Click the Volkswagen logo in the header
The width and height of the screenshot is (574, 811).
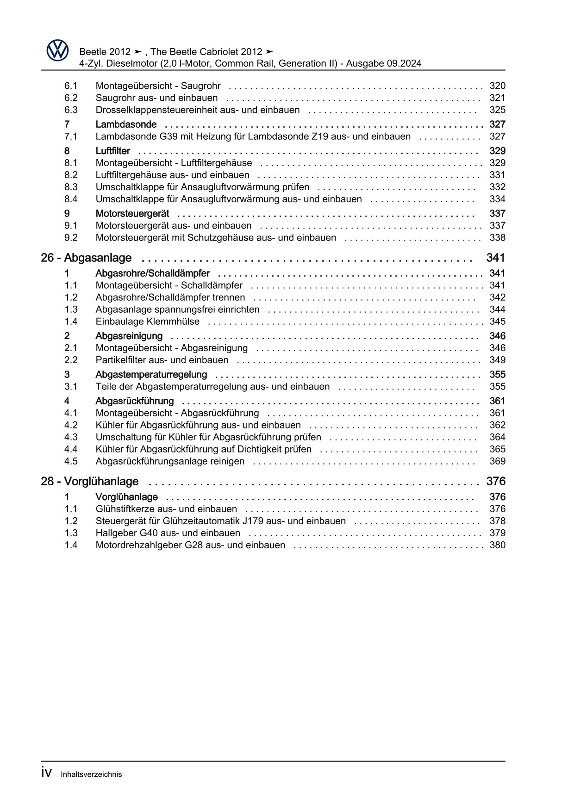tap(57, 50)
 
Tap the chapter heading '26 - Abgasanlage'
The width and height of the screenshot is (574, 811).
tap(86, 258)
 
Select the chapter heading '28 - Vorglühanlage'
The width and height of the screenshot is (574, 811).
tap(89, 482)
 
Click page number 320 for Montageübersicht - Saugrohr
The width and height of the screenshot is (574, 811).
tap(497, 86)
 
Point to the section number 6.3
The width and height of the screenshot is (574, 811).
tap(71, 110)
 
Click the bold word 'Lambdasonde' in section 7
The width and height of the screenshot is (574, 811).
tap(126, 124)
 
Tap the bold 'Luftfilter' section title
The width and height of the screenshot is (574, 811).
tap(112, 151)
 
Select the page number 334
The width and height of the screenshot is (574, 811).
tap(497, 199)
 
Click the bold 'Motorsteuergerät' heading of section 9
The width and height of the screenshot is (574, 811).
tap(132, 214)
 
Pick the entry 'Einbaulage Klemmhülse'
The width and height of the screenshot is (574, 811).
tap(147, 322)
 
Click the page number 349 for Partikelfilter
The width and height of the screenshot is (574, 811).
tap(497, 360)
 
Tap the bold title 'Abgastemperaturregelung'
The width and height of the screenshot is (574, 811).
tap(151, 375)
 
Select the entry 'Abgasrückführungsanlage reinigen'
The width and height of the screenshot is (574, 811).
tap(170, 461)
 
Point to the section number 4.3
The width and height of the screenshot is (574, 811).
tap(71, 437)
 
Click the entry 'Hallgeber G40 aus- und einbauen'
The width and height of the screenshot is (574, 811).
tap(168, 533)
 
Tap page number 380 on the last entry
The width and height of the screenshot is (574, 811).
tap(497, 545)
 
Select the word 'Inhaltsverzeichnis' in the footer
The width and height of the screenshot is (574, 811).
tap(91, 774)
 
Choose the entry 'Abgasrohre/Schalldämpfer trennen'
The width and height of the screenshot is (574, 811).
tap(170, 297)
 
